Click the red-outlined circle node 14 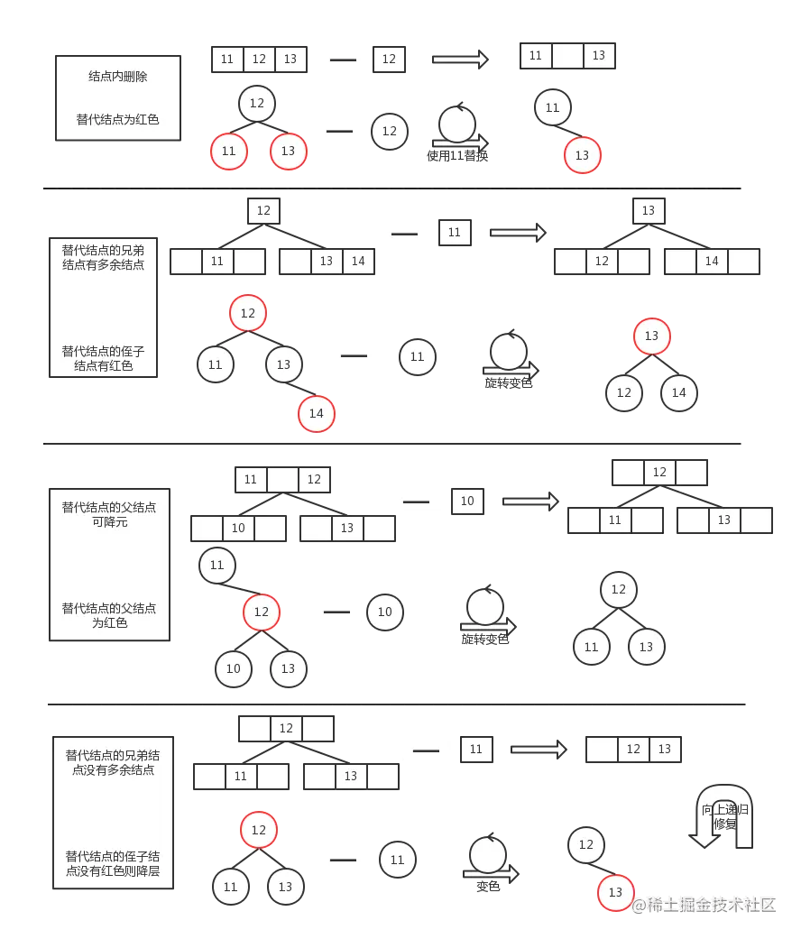click(x=317, y=413)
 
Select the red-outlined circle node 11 click(x=228, y=151)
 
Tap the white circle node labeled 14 click(x=679, y=392)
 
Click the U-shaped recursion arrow click(x=724, y=816)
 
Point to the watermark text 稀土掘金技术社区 click(x=704, y=904)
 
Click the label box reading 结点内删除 click(x=118, y=97)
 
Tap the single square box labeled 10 click(x=467, y=501)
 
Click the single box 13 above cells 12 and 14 click(x=649, y=210)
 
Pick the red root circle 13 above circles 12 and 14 click(x=652, y=336)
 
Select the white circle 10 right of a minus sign click(x=385, y=612)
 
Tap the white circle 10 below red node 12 click(x=234, y=668)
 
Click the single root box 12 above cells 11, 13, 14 click(x=263, y=210)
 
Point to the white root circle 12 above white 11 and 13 click(x=618, y=590)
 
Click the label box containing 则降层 click(x=113, y=813)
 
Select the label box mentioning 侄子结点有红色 click(x=104, y=306)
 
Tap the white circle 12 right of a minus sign click(x=390, y=131)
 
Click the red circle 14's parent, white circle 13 click(x=284, y=364)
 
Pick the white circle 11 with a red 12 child click(x=216, y=566)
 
